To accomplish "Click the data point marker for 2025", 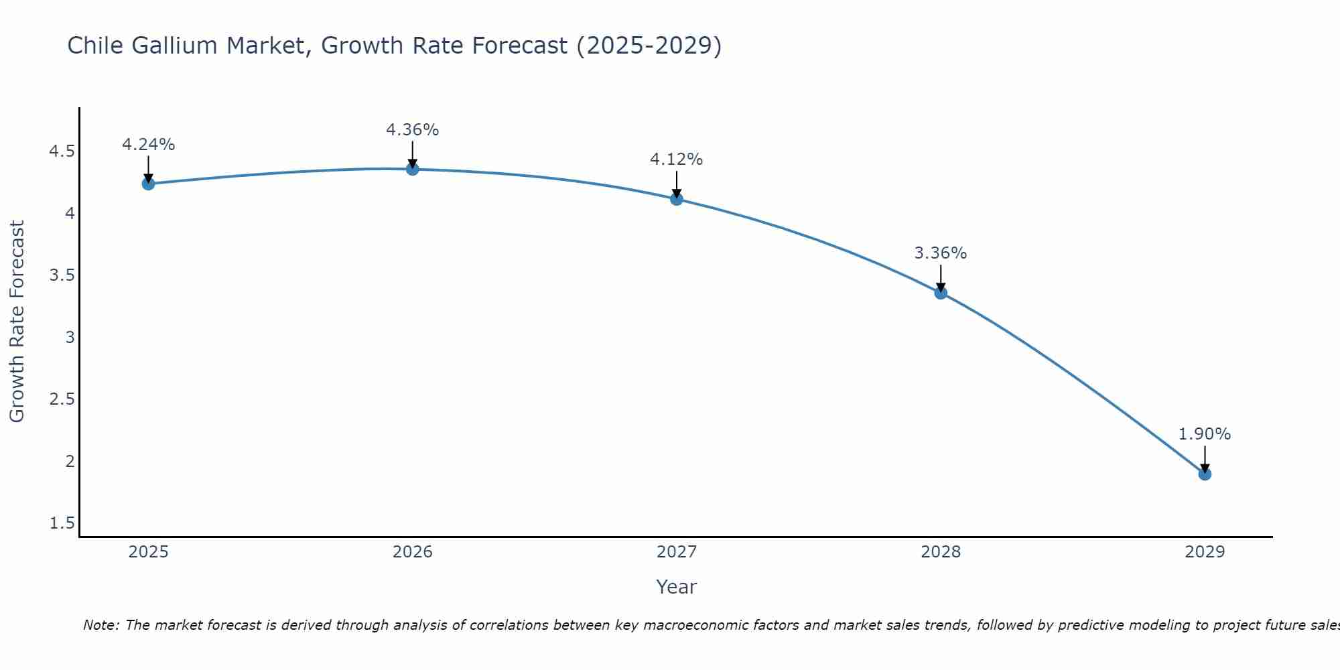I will (x=148, y=184).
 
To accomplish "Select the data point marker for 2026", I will (x=412, y=169).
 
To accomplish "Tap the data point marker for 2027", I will (x=676, y=199).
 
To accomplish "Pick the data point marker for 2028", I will (x=940, y=293).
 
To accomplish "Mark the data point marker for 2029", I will (x=1204, y=474).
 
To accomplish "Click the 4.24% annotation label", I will (x=148, y=145).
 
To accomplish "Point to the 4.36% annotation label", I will (x=412, y=130).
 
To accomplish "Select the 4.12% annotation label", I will (x=676, y=159).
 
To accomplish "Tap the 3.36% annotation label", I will (x=940, y=253).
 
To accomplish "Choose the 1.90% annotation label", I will (x=1204, y=434).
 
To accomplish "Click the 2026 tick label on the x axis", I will (x=412, y=552).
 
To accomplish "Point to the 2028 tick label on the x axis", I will (x=940, y=552).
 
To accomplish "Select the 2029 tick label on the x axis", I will (x=1204, y=552).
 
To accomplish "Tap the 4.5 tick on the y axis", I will (x=62, y=151).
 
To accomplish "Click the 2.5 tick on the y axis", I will (x=62, y=399).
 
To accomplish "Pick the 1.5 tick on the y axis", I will (x=62, y=523).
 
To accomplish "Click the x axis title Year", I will (x=676, y=587).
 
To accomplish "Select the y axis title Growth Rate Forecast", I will (x=17, y=322).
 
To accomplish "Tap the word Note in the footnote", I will (x=100, y=625).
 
